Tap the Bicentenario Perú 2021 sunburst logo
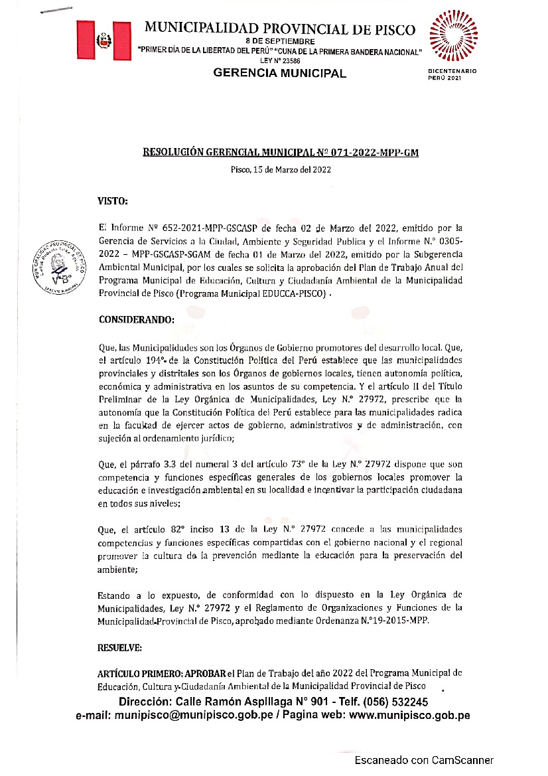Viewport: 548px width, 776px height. [x=454, y=35]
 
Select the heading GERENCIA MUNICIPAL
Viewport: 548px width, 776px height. [x=279, y=73]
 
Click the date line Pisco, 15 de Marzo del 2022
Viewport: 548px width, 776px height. [x=281, y=169]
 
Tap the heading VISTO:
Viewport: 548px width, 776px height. [x=113, y=200]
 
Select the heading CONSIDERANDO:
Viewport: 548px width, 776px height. [x=136, y=319]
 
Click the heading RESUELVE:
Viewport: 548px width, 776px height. [x=119, y=647]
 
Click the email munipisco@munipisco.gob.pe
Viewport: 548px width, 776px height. [x=193, y=716]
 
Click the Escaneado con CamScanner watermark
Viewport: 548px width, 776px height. [x=424, y=760]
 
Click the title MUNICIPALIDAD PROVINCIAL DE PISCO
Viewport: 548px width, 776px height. [x=279, y=29]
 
